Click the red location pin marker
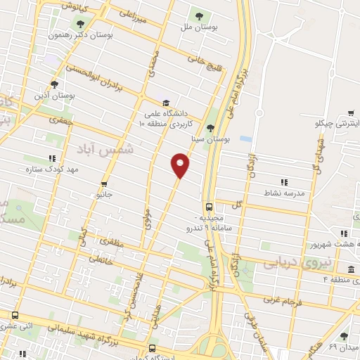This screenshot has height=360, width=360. [x=181, y=165]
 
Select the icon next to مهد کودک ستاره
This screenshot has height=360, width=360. [x=51, y=159]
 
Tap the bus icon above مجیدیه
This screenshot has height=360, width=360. [x=209, y=207]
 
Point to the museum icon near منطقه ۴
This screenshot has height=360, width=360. [x=351, y=271]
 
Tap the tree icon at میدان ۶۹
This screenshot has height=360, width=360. [x=344, y=337]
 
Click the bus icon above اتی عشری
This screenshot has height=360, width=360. [x=15, y=316]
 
